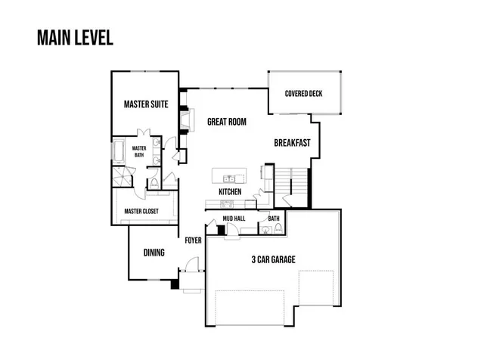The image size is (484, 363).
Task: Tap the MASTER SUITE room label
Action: pos(146,102)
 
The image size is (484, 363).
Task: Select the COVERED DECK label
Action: pos(304,94)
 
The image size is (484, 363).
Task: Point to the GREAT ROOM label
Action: pos(226,121)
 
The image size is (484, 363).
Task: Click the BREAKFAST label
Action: pos(292,142)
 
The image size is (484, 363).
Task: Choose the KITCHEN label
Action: pos(230,192)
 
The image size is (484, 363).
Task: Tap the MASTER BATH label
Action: pos(139,151)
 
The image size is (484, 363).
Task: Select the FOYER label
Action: pos(193,240)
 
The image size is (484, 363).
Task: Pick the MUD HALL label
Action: pos(233,219)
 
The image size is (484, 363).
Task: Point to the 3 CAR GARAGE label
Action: pos(273,259)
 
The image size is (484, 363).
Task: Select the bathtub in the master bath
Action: pos(119,154)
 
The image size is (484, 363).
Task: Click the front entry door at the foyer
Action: pos(189,268)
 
